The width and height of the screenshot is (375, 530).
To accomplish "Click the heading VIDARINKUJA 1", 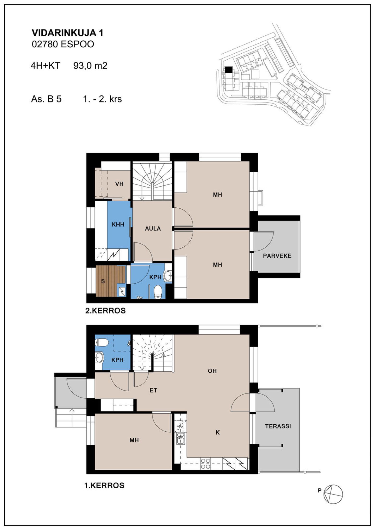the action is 67,33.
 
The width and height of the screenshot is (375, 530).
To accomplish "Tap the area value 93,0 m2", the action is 90,66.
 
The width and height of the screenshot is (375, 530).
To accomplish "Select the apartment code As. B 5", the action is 46,99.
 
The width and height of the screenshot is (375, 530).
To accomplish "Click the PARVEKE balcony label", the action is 277,256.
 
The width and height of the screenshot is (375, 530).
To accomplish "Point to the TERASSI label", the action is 278,426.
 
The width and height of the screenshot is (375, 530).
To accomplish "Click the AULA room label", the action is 153,228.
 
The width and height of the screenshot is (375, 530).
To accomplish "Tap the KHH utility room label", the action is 118,224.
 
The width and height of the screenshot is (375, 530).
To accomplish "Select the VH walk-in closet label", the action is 119,184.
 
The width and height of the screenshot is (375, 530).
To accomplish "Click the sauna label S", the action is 103,281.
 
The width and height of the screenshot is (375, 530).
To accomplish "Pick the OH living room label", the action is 212,371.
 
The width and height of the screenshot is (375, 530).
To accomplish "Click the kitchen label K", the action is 218,432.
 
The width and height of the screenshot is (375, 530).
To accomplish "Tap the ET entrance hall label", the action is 153,390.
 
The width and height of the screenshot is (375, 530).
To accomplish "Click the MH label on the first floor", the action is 134,440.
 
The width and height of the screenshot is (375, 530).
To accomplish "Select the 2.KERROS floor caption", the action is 105,311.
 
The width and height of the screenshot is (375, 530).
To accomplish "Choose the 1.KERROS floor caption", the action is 104,486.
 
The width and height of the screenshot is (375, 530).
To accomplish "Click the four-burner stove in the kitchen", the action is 205,464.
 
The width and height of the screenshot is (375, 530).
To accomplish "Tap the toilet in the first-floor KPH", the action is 102,343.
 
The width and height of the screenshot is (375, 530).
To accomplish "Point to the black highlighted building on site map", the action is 229,70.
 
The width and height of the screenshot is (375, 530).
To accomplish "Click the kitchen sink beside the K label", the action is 180,438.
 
